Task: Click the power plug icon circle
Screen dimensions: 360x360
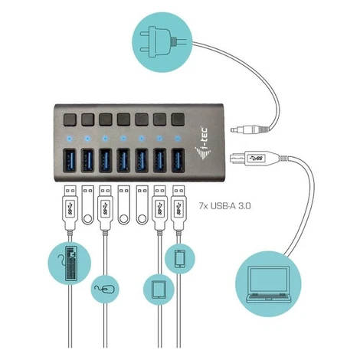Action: tap(162, 42)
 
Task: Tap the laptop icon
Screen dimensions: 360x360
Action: tap(268, 284)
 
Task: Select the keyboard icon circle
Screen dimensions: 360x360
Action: tap(69, 263)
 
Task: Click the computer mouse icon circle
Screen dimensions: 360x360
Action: tap(105, 289)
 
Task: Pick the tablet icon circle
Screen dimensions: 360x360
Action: tap(159, 290)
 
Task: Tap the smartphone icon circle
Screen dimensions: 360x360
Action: tap(180, 259)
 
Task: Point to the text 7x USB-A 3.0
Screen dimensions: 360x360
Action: tap(224, 206)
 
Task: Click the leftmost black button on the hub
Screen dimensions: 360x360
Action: tap(70, 120)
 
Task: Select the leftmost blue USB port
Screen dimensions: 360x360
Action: tap(70, 161)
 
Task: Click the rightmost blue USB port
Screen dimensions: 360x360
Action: tap(178, 161)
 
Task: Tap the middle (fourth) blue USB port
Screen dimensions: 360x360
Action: tap(123, 161)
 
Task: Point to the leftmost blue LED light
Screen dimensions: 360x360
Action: tap(70, 139)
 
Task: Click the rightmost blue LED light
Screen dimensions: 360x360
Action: tap(178, 139)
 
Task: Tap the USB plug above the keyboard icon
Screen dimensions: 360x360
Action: tap(70, 208)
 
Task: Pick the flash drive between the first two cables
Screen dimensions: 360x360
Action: tap(87, 205)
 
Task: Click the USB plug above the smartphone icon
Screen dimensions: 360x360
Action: tap(178, 208)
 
